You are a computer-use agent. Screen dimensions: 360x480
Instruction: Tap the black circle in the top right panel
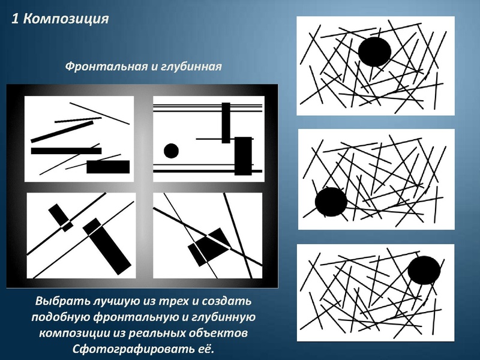pos(375,52)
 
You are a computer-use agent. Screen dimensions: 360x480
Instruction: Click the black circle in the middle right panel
pos(331,202)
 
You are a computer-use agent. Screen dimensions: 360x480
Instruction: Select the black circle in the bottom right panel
pos(424,270)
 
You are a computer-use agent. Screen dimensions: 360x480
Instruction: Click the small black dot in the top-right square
pos(171,151)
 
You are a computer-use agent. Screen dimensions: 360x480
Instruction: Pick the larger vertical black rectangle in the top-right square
pos(242,156)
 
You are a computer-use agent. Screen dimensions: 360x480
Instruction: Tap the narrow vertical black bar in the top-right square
pos(226,122)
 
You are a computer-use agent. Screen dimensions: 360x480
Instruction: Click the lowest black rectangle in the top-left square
pos(108,167)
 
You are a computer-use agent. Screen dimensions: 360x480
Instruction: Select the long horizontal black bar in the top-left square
pos(66,151)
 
